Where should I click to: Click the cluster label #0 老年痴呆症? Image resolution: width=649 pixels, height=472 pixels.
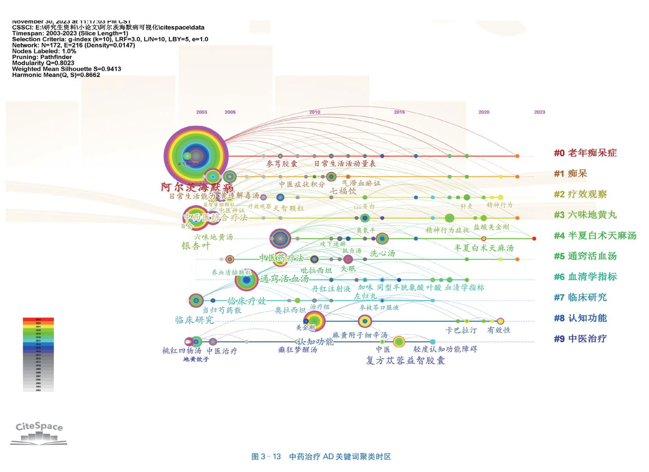(585, 153)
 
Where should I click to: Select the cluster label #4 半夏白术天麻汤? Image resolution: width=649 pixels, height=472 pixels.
(595, 236)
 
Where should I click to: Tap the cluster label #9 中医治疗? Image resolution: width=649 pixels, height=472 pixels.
(580, 339)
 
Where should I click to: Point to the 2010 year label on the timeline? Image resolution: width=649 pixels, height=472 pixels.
(315, 112)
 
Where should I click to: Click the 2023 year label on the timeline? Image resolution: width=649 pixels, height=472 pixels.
(540, 112)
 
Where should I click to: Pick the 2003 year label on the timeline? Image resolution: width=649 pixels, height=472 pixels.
(201, 112)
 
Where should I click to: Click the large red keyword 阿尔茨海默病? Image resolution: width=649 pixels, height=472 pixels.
(197, 187)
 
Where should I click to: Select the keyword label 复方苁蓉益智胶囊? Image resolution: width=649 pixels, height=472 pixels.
(405, 361)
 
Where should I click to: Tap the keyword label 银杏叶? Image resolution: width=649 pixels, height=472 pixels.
(196, 246)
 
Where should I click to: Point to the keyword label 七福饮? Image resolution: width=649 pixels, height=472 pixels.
(343, 191)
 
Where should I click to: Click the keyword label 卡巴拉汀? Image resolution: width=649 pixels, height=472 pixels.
(461, 330)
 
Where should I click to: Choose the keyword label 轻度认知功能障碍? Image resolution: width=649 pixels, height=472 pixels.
(445, 349)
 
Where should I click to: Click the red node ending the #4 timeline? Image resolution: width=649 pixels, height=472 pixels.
(534, 238)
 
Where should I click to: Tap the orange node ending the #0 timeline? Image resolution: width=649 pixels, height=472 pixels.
(517, 156)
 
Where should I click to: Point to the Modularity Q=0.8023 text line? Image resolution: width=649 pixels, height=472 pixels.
(43, 63)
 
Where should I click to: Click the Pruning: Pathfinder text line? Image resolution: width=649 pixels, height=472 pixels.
(42, 57)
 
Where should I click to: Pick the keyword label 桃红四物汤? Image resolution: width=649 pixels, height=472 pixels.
(182, 351)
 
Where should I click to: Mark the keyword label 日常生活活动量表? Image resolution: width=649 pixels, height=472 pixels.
(345, 164)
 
